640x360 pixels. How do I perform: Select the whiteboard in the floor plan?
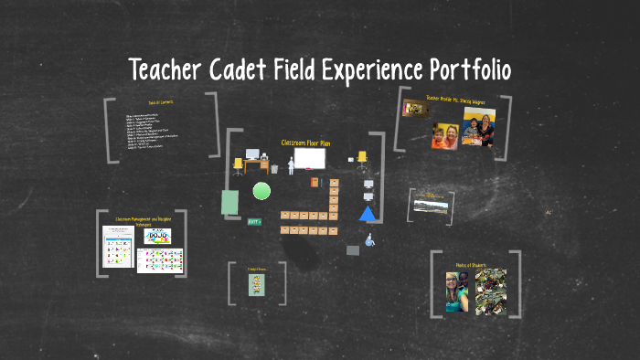tap(309, 160)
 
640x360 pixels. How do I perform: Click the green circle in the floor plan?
tap(261, 191)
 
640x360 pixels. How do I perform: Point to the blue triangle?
tap(368, 214)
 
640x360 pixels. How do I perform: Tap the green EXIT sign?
tap(254, 221)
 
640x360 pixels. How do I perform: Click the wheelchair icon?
tap(369, 240)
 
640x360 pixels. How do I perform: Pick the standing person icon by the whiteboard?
tap(291, 164)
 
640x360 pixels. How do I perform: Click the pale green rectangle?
tap(230, 202)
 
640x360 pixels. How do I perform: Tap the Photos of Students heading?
tap(475, 265)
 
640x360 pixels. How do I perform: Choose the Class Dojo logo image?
tap(160, 237)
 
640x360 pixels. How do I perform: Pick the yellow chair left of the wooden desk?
tap(238, 164)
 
